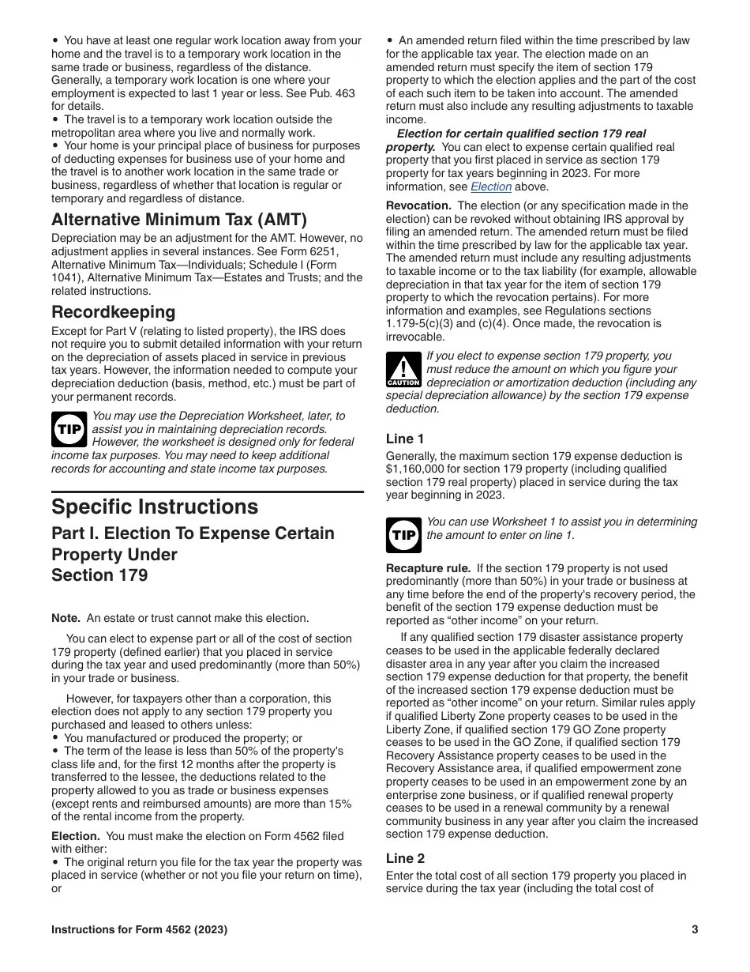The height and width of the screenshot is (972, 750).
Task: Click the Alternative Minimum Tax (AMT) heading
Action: click(179, 220)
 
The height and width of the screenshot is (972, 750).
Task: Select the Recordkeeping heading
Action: click(114, 312)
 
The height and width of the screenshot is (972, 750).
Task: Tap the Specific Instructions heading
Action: click(155, 507)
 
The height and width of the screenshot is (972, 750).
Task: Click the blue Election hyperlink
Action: click(491, 187)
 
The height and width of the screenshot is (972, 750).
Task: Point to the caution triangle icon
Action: click(403, 370)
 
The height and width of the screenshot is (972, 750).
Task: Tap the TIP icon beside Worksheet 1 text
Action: click(403, 535)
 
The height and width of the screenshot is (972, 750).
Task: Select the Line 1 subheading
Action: click(405, 439)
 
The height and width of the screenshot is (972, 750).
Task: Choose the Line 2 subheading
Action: click(405, 858)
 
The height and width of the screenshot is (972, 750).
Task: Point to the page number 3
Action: click(695, 929)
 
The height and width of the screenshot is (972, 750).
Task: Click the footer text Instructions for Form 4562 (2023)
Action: click(140, 929)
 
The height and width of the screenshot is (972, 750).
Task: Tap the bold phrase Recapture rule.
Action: click(428, 568)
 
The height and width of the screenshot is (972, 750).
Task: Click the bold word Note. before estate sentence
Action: click(66, 618)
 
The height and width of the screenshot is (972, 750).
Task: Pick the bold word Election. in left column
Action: click(75, 836)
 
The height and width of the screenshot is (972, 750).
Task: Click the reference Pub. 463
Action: click(336, 93)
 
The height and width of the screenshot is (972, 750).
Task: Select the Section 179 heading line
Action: click(99, 575)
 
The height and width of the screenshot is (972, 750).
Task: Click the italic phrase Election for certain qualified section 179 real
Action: click(521, 134)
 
